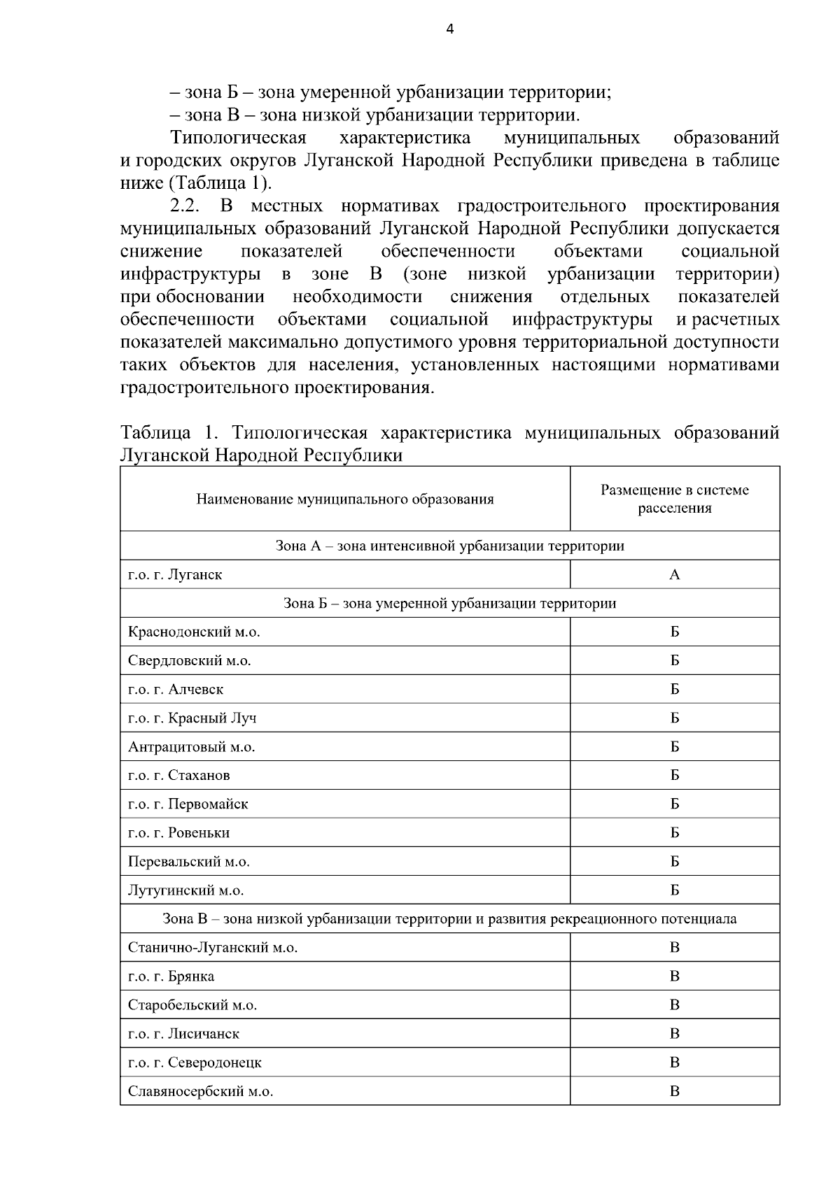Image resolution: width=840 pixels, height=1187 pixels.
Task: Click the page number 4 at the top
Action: click(x=449, y=29)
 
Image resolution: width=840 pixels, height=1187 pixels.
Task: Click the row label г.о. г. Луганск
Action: click(x=175, y=575)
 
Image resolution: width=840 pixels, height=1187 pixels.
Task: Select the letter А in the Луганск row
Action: click(x=674, y=575)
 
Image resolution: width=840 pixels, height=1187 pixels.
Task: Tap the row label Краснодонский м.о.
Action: click(x=194, y=632)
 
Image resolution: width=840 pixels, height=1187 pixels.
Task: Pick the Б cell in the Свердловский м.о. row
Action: click(x=674, y=661)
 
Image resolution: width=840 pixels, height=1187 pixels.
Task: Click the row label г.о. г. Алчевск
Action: click(x=176, y=690)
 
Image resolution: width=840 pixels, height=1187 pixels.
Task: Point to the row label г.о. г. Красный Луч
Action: click(x=192, y=718)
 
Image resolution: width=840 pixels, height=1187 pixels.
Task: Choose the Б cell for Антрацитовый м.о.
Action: click(x=674, y=747)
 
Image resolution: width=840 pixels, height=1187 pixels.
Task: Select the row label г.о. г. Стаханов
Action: click(x=179, y=776)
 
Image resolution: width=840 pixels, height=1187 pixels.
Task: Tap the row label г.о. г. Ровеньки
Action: click(x=179, y=833)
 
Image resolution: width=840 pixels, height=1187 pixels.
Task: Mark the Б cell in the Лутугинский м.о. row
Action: click(x=674, y=890)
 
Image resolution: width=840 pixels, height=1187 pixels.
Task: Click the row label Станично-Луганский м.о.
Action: click(x=213, y=948)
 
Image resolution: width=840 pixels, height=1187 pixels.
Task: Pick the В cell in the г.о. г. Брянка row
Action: click(x=674, y=976)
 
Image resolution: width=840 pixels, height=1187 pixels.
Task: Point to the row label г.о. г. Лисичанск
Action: click(x=183, y=1034)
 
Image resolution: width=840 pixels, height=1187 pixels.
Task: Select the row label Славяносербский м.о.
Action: click(x=200, y=1091)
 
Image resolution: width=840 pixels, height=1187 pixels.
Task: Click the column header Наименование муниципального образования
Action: click(x=345, y=499)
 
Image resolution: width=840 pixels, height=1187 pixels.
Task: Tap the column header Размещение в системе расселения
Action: click(x=674, y=499)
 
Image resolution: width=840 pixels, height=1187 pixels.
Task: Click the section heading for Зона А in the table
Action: click(x=449, y=546)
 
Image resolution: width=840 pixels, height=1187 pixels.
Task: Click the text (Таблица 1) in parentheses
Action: click(x=218, y=184)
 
